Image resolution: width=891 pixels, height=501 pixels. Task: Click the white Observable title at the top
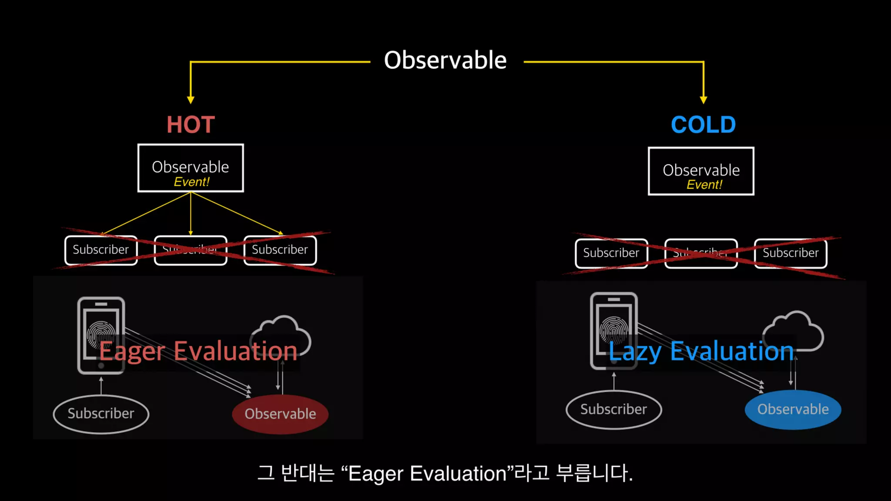click(x=445, y=60)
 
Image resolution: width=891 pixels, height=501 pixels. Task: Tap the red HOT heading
click(x=191, y=125)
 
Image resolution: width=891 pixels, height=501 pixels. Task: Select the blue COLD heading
click(x=703, y=125)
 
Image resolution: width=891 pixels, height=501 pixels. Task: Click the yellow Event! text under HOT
click(x=191, y=182)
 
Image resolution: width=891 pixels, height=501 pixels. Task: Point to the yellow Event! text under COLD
click(x=704, y=184)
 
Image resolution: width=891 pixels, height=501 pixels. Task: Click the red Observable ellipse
click(x=280, y=414)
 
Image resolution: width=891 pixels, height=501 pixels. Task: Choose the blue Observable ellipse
click(x=793, y=409)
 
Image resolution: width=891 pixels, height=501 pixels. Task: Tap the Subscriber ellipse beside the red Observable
click(x=101, y=414)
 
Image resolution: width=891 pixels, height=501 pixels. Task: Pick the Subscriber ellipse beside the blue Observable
click(x=613, y=409)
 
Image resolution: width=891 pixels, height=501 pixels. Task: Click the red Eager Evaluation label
click(x=198, y=351)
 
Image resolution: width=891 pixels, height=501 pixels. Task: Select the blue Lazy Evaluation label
click(x=701, y=351)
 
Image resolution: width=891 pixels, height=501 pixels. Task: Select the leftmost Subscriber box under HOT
click(x=101, y=250)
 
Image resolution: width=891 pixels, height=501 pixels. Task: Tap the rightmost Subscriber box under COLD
click(x=791, y=253)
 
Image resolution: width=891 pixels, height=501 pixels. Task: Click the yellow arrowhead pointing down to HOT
click(x=191, y=100)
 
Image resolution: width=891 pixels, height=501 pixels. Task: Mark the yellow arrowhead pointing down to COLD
click(x=703, y=100)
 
